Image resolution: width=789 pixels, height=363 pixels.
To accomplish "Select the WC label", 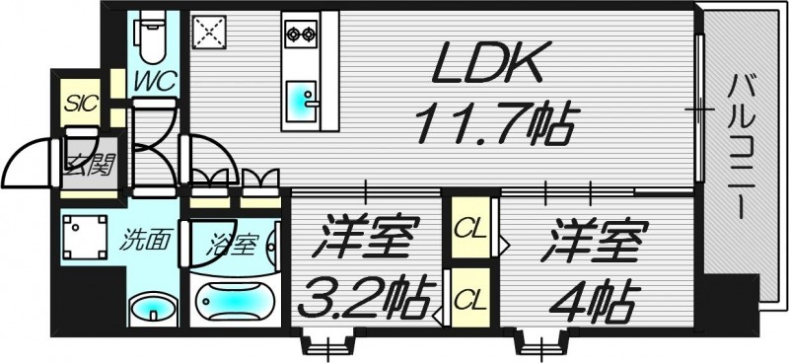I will click(157, 79).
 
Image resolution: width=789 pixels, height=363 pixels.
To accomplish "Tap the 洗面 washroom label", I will click(143, 240).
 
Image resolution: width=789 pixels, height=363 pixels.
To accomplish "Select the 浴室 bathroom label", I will click(235, 240).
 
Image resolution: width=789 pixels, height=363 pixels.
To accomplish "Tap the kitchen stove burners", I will click(299, 35).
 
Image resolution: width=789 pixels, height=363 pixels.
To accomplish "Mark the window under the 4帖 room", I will click(541, 345).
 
